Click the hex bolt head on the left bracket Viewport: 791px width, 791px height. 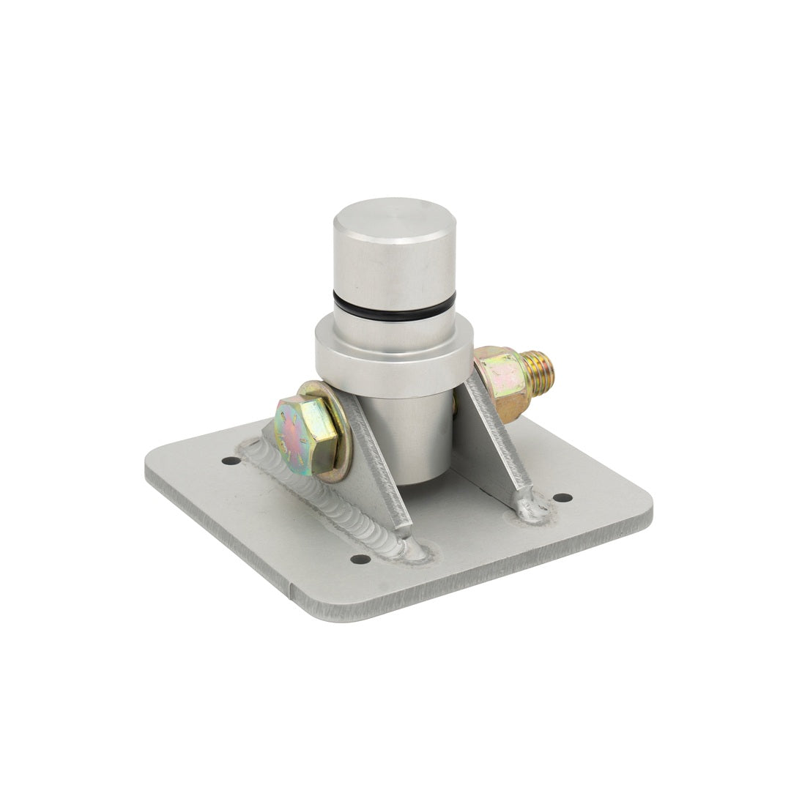coord(305,434)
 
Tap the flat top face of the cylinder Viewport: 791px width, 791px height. coord(395,217)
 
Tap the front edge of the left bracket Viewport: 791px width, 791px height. coord(381,469)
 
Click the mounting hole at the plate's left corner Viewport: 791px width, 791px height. coord(231,461)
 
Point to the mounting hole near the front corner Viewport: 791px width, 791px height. coord(360,559)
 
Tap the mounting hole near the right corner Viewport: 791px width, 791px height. coord(562,497)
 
